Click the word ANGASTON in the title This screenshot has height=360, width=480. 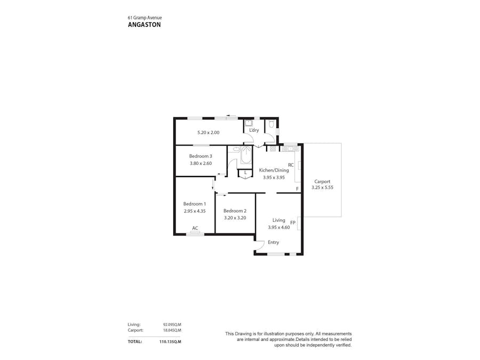coord(144,24)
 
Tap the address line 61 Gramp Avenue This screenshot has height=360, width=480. coord(145,17)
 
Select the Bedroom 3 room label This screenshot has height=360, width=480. coord(201,156)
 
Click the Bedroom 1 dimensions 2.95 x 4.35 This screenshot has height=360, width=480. coord(195,211)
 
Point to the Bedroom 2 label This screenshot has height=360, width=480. coord(235,211)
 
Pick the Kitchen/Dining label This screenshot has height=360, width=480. coord(274,170)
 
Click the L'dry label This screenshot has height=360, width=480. coord(254,130)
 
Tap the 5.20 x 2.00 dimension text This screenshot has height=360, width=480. coord(209,132)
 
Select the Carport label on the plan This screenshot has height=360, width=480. coord(322,181)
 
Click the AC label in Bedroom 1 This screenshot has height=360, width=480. coord(195,228)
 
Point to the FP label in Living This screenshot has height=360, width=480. coord(293,222)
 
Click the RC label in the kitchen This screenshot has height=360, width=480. coord(291,165)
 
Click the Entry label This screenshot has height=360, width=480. coord(273,243)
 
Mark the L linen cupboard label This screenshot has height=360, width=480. coord(245,173)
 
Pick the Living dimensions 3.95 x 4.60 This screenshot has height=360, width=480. coord(278,227)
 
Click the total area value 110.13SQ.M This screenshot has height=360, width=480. coord(170,341)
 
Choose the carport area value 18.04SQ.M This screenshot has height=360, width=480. coord(172,330)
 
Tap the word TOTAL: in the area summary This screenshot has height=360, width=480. coord(135,341)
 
